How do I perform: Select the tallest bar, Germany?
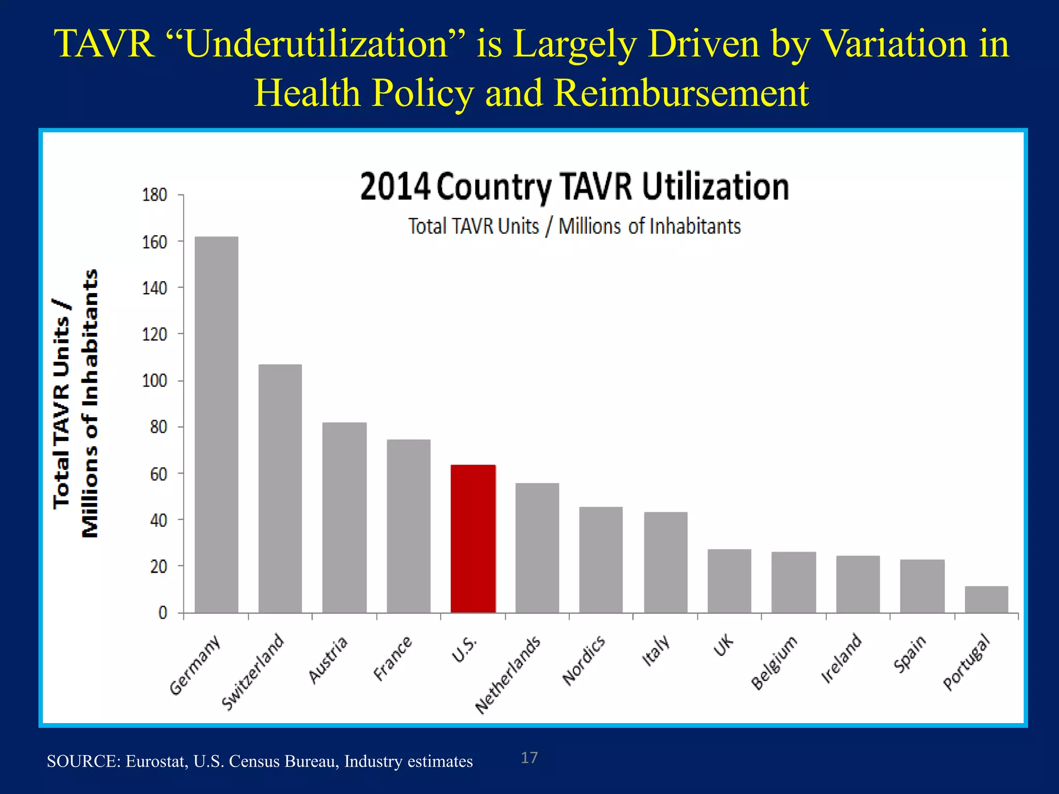pyautogui.click(x=216, y=424)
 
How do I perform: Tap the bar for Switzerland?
pyautogui.click(x=280, y=488)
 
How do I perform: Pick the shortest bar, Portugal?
pyautogui.click(x=986, y=600)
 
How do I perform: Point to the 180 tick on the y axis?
pyautogui.click(x=155, y=195)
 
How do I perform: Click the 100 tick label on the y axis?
pyautogui.click(x=155, y=381)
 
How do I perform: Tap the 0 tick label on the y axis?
pyautogui.click(x=163, y=613)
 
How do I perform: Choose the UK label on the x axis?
pyautogui.click(x=723, y=646)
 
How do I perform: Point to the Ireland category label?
pyautogui.click(x=841, y=659)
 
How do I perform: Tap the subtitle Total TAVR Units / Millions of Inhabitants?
pyautogui.click(x=574, y=226)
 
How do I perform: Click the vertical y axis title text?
pyautogui.click(x=75, y=403)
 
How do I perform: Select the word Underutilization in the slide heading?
pyautogui.click(x=316, y=44)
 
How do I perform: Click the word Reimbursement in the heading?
pyautogui.click(x=681, y=94)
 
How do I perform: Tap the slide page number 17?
pyautogui.click(x=529, y=758)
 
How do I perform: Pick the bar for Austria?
pyautogui.click(x=344, y=517)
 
